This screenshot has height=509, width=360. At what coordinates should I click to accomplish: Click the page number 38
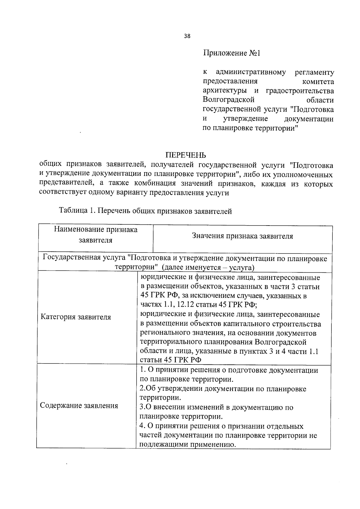point(187,36)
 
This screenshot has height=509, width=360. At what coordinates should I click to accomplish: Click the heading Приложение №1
point(232,53)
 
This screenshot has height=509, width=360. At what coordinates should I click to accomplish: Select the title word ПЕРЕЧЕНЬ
point(186,155)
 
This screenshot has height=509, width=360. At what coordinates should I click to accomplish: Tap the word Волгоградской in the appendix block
point(229,100)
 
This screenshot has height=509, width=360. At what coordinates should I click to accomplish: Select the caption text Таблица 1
point(77,211)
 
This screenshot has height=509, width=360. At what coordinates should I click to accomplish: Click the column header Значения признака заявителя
point(242,236)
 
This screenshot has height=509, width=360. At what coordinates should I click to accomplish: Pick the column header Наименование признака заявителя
point(96,235)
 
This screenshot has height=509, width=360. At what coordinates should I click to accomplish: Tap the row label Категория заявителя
point(76,317)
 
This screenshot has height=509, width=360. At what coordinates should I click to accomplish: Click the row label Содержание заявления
point(79,406)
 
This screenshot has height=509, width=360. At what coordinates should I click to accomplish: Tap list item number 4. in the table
point(142,426)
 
